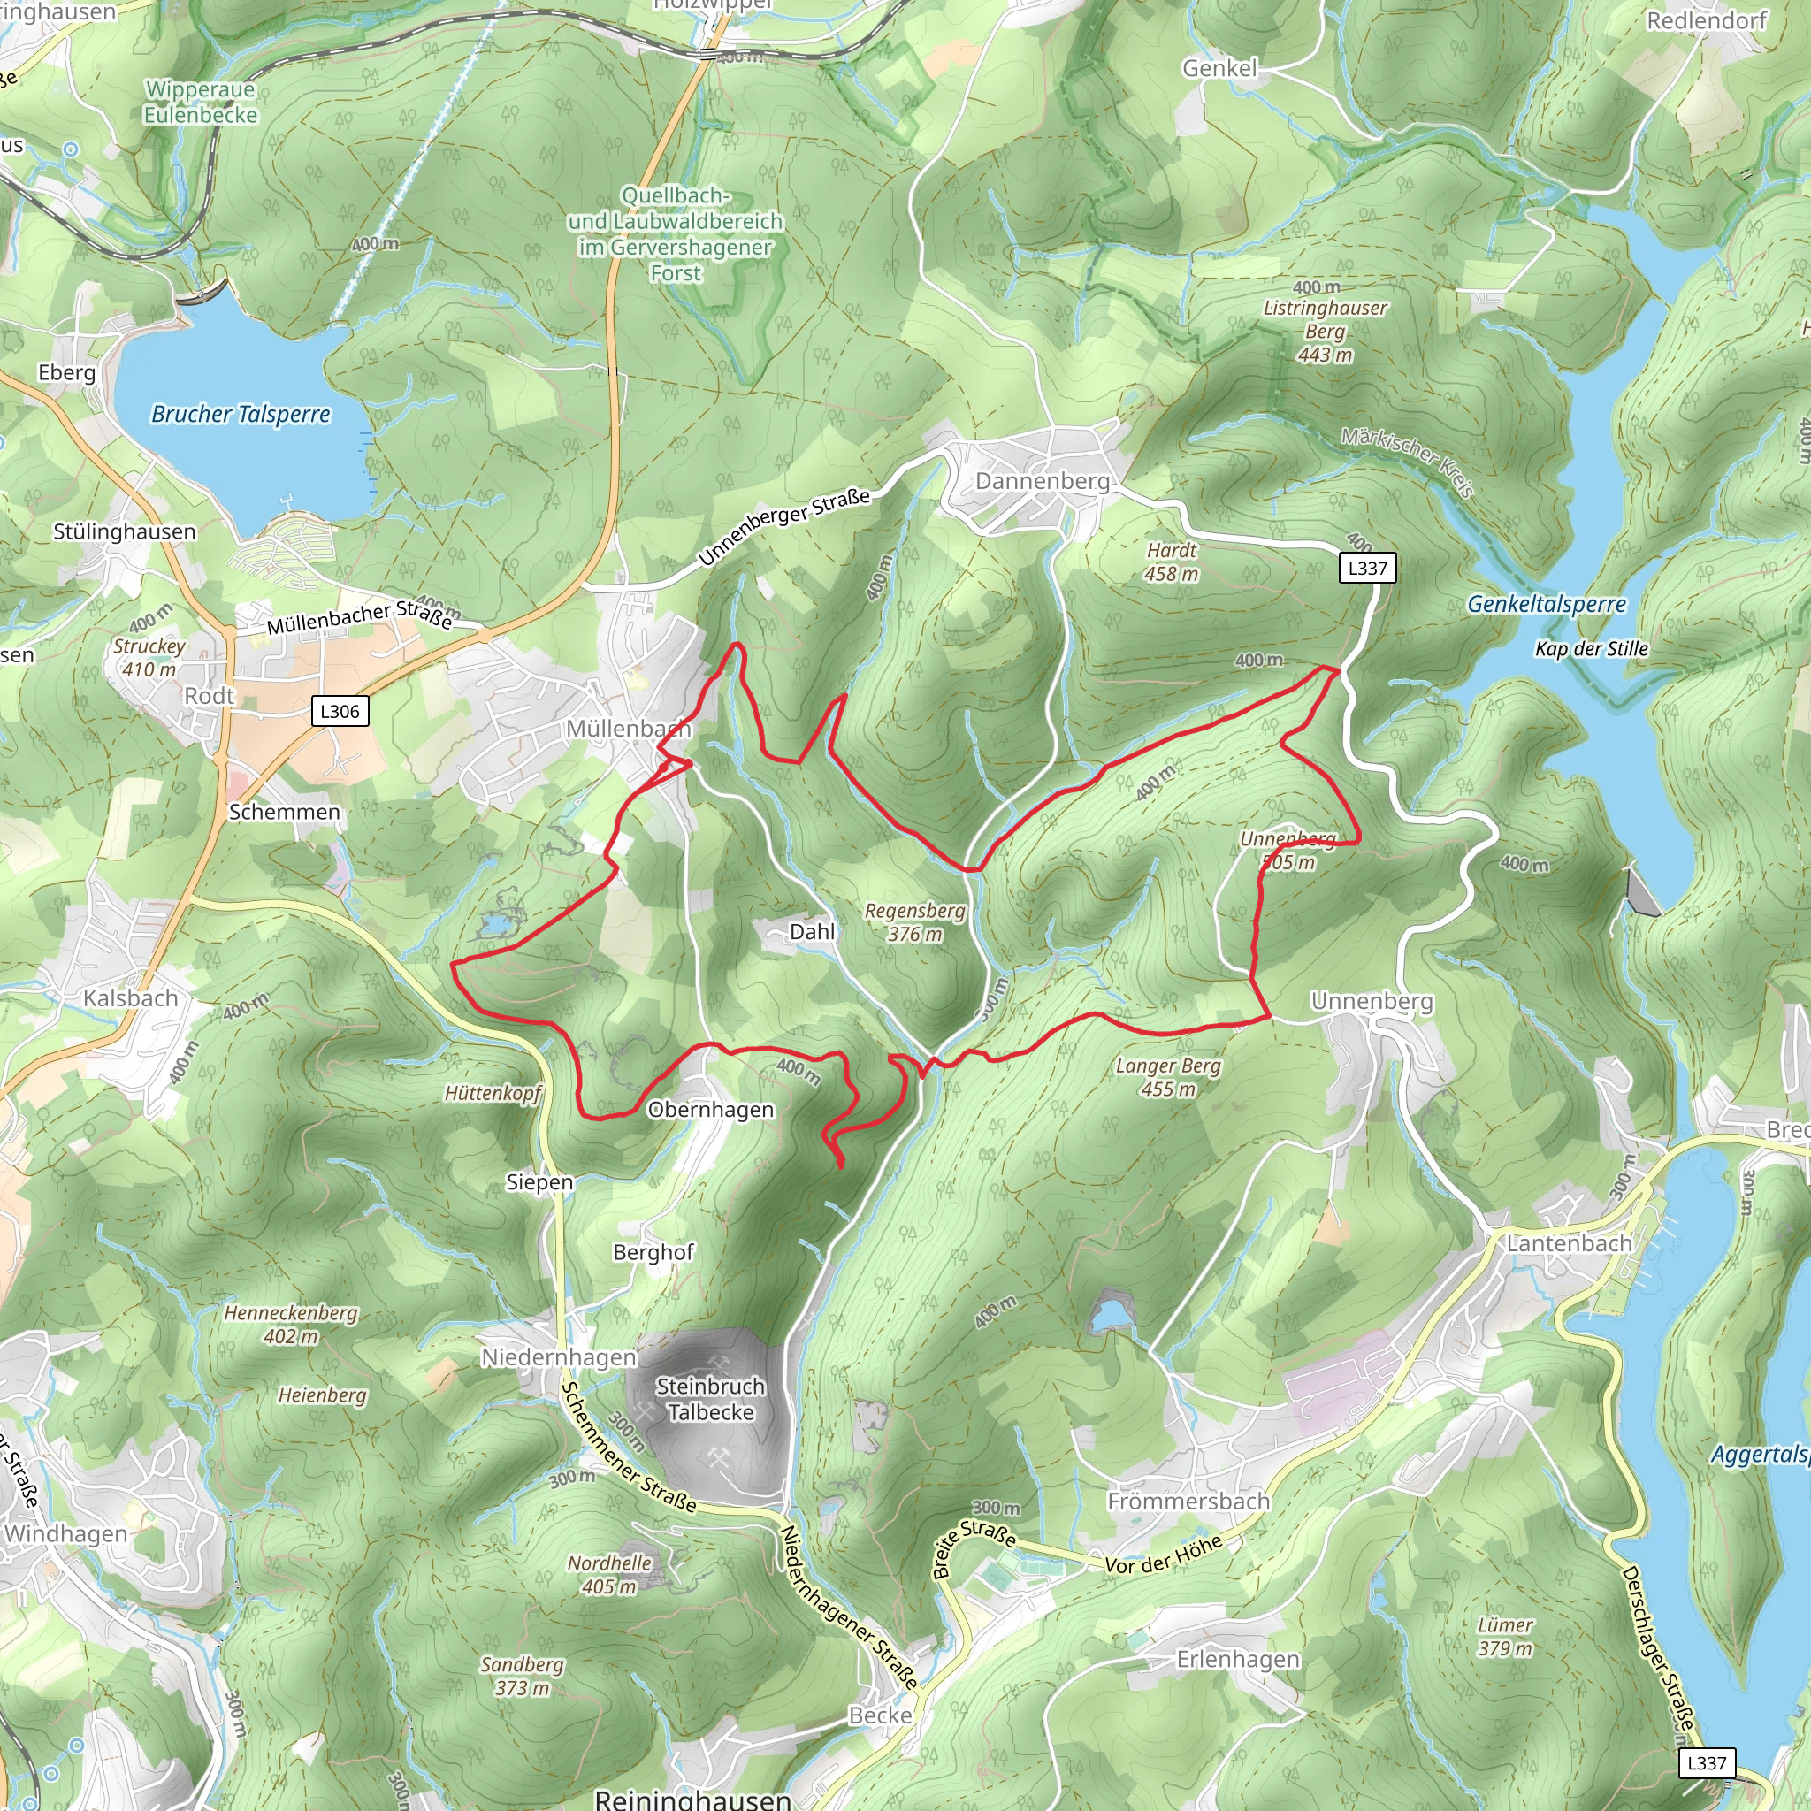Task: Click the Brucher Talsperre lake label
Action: click(x=241, y=415)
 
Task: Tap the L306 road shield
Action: click(x=340, y=712)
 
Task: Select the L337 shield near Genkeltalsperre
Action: click(x=1367, y=568)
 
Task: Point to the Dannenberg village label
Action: click(x=1043, y=482)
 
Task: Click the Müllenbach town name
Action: click(x=628, y=730)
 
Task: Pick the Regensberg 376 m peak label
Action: click(x=914, y=922)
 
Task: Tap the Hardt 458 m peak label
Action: click(x=1171, y=562)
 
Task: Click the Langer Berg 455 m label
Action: click(x=1168, y=1077)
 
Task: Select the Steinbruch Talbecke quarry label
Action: click(x=711, y=1399)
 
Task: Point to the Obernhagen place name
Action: click(x=711, y=1110)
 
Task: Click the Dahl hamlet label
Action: click(x=812, y=932)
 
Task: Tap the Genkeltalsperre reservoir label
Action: click(x=1547, y=605)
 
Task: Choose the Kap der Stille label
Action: click(x=1591, y=649)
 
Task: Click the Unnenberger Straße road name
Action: click(x=783, y=527)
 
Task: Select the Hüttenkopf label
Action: click(x=493, y=1093)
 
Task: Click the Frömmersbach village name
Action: click(x=1188, y=1502)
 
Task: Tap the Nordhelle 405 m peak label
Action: click(x=609, y=1575)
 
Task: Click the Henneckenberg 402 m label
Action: click(x=291, y=1325)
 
